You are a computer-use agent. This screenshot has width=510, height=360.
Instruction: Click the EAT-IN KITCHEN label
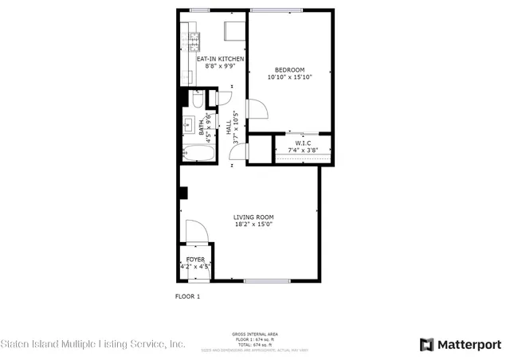coord(220,59)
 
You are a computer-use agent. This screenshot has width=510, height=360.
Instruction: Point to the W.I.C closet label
coord(302,143)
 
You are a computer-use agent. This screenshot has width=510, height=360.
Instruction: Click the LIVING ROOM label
coord(253,217)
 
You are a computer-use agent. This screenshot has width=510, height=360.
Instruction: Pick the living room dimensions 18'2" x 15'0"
coord(253,225)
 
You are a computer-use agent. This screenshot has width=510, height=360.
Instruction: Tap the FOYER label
coord(195,260)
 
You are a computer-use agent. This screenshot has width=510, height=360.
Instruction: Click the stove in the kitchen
coord(194,37)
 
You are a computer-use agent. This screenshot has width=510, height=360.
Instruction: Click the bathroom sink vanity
coord(190,125)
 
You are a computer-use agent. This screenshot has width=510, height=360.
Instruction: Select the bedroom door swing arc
coord(256,110)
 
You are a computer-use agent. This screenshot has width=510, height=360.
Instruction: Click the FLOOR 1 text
coord(187,296)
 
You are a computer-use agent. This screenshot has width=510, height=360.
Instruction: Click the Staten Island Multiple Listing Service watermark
coord(93,344)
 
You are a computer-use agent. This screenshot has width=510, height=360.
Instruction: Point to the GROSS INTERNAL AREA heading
coord(254,334)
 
